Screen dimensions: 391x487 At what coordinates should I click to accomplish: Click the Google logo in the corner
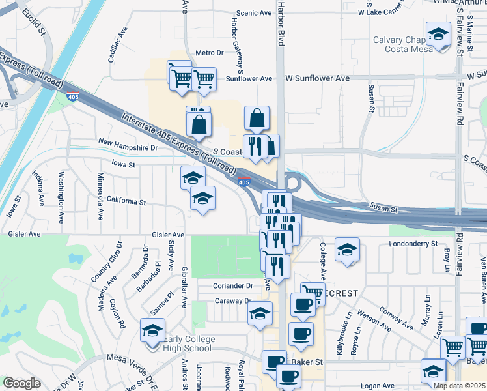(x=21, y=383)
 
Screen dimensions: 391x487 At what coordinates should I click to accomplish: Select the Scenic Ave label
(x=254, y=12)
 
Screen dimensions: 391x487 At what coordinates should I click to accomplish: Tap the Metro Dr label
(x=210, y=52)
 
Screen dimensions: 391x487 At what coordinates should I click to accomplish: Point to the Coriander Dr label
(x=232, y=285)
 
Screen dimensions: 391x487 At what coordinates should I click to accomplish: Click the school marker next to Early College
(x=153, y=330)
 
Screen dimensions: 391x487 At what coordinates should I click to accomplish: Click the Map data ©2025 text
(x=459, y=386)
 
